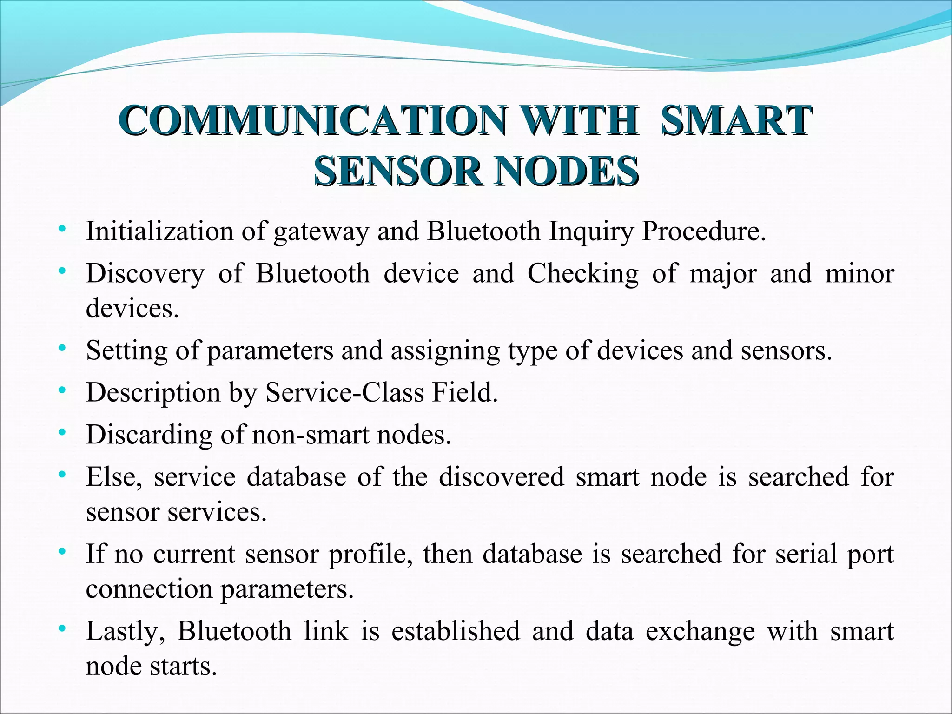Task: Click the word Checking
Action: (583, 274)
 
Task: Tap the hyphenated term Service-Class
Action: (344, 392)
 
